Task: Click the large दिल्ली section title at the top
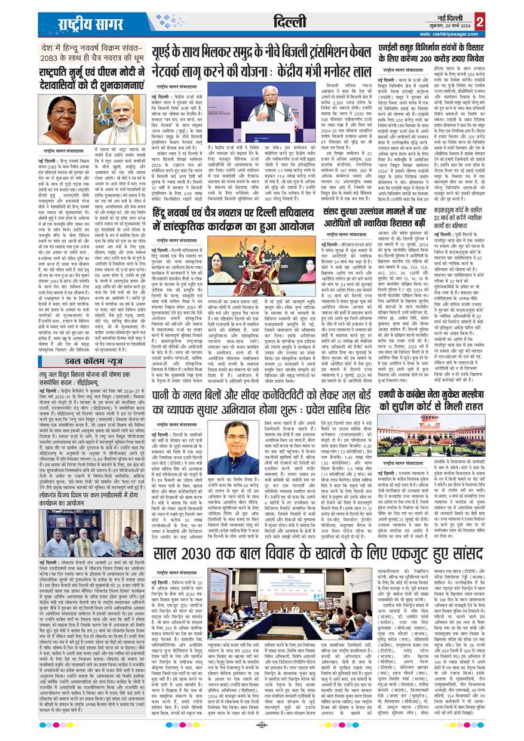tap(292, 23)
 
